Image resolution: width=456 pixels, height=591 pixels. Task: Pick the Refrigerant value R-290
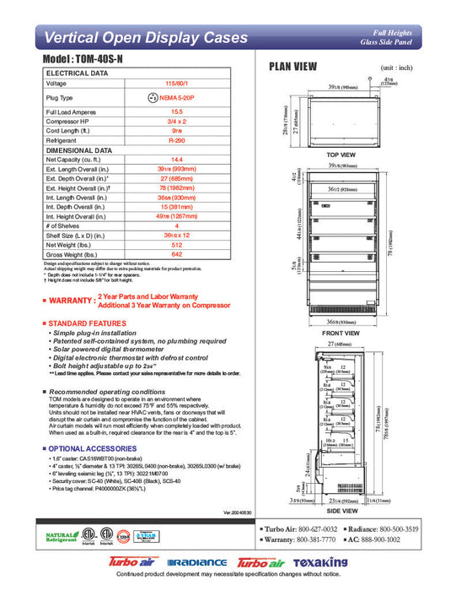click(177, 140)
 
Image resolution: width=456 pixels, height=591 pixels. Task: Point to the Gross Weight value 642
click(177, 254)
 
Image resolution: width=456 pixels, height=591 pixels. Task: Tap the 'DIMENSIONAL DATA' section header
click(79, 149)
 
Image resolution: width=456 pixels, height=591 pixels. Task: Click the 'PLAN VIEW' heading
click(292, 66)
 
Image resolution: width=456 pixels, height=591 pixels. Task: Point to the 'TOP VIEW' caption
click(341, 155)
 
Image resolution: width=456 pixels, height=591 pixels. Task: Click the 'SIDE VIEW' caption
click(341, 512)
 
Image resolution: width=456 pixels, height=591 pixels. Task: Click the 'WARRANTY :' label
click(71, 301)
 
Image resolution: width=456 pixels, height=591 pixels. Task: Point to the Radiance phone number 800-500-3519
click(402, 528)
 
